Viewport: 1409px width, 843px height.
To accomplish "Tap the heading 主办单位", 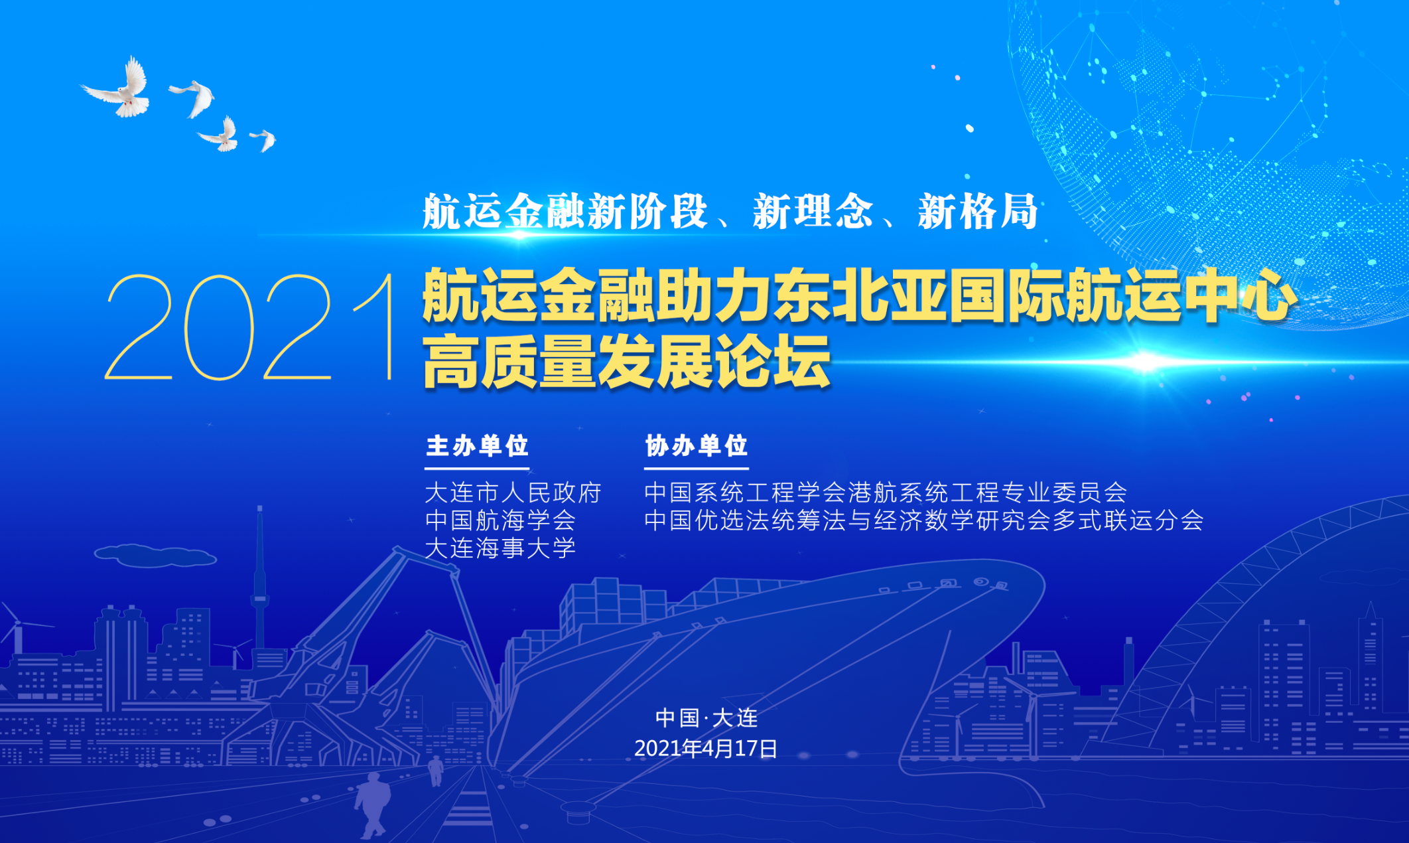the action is click(477, 445).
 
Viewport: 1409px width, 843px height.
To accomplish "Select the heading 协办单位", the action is click(697, 445).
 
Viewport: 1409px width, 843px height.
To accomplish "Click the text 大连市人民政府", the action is click(513, 493).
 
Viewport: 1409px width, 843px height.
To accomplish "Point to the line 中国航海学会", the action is click(500, 520).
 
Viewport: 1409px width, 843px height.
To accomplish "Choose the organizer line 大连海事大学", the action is click(500, 548).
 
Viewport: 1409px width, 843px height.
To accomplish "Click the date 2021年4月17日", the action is click(706, 749).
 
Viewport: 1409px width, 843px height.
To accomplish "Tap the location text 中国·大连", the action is click(706, 718).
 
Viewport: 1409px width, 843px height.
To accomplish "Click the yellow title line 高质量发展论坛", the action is click(627, 362).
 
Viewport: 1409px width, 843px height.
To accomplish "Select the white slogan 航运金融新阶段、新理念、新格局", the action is click(730, 212).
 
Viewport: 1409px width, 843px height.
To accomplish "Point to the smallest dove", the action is click(264, 139).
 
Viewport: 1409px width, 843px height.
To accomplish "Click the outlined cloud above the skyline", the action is click(155, 556).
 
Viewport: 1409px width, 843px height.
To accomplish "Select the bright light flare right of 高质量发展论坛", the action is click(1145, 362).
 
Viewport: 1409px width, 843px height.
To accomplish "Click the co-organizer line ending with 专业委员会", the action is click(886, 493).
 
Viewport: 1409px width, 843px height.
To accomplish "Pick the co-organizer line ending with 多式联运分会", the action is click(924, 520).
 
